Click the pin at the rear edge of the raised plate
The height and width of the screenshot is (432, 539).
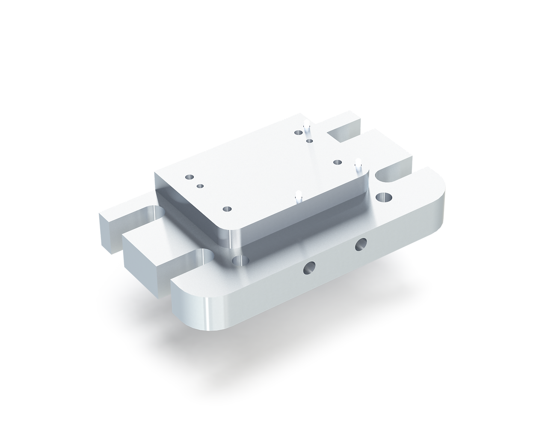click(x=306, y=127)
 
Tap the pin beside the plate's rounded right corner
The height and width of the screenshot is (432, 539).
click(x=358, y=164)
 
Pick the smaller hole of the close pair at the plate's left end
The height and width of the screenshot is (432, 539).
click(x=199, y=186)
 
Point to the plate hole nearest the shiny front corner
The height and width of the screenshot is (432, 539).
click(x=227, y=209)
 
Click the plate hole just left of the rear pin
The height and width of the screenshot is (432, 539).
click(x=298, y=132)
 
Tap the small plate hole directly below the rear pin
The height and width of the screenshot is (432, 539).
click(x=310, y=140)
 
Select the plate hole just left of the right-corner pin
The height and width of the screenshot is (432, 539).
click(x=337, y=162)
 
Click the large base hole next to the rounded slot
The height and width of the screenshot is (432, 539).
click(x=384, y=197)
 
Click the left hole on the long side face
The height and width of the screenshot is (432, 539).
click(x=308, y=268)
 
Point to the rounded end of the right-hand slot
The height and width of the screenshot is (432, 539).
click(x=382, y=176)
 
